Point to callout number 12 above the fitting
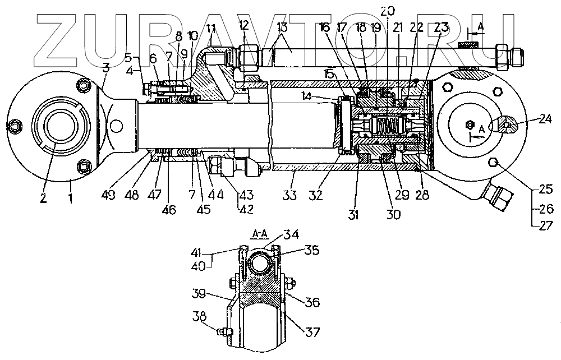tap(243, 25)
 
